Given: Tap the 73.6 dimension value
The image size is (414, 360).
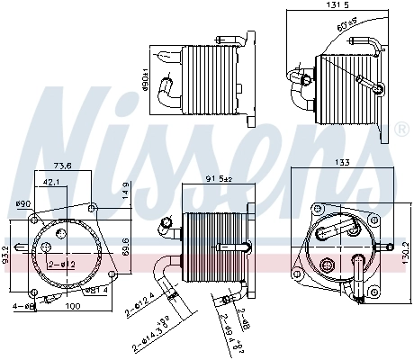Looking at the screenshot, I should click(x=63, y=166).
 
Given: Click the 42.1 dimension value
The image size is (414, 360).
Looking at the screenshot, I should click(x=52, y=182).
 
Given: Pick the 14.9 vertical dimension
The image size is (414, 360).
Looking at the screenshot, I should click(x=125, y=190).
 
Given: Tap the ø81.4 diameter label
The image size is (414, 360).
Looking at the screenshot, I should click(x=96, y=291).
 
